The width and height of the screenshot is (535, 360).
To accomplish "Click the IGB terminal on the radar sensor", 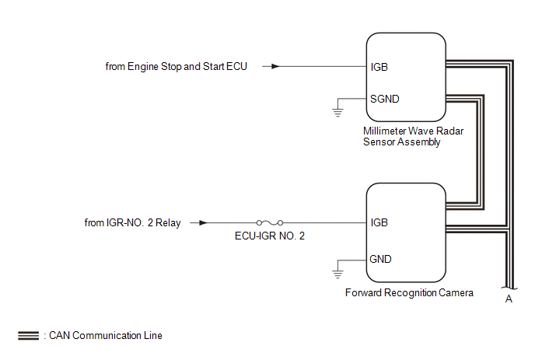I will (379, 67).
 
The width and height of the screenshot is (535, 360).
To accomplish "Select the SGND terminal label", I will (385, 99).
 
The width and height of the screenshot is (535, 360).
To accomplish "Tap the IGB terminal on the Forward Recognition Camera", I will (379, 222).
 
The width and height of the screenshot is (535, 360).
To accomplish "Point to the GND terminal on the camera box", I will (381, 259).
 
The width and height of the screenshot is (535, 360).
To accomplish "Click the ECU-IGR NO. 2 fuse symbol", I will (269, 222).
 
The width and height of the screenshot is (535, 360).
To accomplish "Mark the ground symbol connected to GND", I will (337, 272).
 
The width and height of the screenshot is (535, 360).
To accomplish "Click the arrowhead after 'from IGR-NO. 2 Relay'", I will (204, 222).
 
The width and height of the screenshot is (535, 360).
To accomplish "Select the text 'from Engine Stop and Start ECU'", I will (176, 67).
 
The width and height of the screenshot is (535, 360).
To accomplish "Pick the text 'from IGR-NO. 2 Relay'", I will (133, 223).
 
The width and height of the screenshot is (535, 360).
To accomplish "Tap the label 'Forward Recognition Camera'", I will (409, 293).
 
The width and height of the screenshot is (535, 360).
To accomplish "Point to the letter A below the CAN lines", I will (509, 299).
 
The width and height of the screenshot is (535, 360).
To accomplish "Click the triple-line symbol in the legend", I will (29, 336).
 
